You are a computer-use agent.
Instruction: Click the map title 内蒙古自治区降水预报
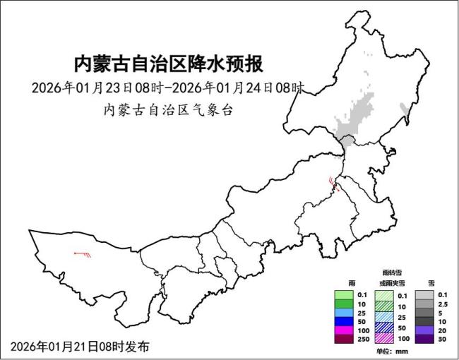point(169,64)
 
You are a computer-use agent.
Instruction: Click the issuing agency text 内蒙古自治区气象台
point(168,111)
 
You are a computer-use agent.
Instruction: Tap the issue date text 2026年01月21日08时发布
point(80,347)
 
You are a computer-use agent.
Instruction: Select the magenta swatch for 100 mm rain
point(343,330)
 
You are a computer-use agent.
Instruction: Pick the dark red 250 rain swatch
point(343,340)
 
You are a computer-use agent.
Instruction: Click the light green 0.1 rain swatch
point(343,295)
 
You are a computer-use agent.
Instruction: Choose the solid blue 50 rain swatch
point(343,322)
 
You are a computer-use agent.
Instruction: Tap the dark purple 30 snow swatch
point(424,340)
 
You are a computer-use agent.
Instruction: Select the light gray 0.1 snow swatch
point(424,295)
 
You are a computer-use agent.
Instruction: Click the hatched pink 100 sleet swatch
point(383,340)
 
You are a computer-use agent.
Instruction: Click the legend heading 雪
point(431,282)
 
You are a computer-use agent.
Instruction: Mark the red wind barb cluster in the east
point(333,185)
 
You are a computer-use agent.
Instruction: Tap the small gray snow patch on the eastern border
point(405,109)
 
